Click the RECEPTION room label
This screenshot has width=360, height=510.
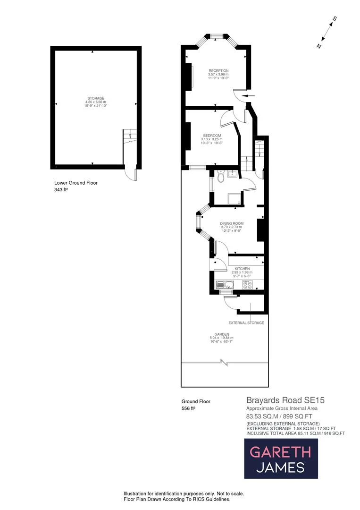[x=218, y=71]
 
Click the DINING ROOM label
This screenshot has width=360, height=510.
[x=231, y=223]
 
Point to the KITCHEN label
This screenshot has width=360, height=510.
[x=241, y=268]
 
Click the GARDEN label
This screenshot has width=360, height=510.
[x=221, y=334]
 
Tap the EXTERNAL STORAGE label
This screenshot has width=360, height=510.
[x=246, y=323]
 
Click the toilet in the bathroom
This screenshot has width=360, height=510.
[x=221, y=178]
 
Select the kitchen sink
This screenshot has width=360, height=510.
[x=223, y=285]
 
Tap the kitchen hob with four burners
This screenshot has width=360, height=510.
[x=248, y=285]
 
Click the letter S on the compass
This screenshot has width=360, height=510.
[x=335, y=19]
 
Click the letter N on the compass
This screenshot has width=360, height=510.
[x=319, y=46]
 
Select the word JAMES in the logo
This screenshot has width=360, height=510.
[x=280, y=468]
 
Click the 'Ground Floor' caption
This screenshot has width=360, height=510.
[x=196, y=401]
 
